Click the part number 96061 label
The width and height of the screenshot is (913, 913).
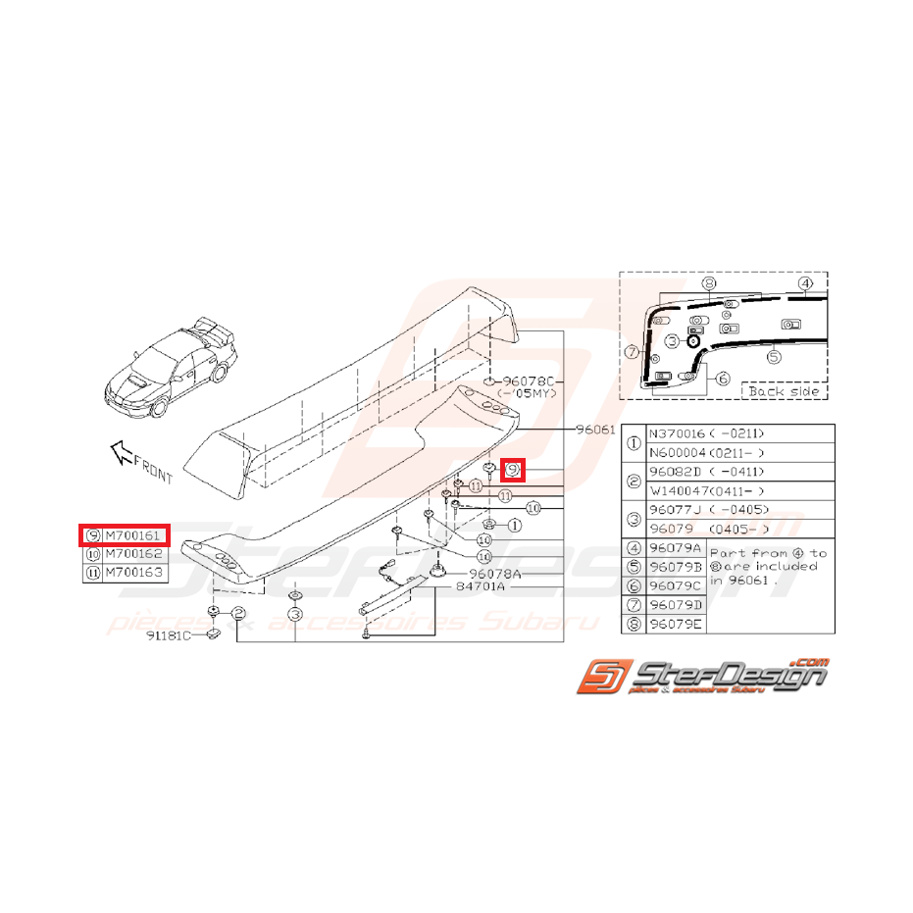click(x=595, y=429)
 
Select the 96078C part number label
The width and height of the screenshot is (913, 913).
click(x=530, y=380)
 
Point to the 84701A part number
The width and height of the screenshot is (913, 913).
click(x=480, y=586)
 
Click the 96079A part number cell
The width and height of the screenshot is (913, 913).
click(x=676, y=548)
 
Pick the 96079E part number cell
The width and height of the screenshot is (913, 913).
click(x=676, y=623)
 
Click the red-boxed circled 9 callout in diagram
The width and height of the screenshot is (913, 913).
click(x=513, y=470)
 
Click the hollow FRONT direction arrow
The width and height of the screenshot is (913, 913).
click(x=121, y=451)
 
